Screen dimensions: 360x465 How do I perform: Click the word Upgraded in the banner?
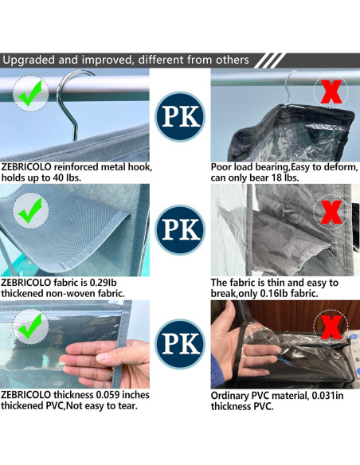pos(29,61)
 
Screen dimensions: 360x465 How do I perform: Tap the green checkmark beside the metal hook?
pos(30,92)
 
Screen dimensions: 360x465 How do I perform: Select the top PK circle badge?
pos(180,116)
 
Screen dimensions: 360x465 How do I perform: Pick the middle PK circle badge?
pos(180,229)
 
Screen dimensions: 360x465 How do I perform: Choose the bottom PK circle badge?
pos(180,344)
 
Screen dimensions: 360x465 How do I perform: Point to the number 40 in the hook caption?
pos(53,178)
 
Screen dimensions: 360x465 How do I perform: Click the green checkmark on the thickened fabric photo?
pos(30,210)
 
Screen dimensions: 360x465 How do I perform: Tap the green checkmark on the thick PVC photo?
pos(30,326)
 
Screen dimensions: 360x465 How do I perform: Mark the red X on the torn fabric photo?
pos(331,212)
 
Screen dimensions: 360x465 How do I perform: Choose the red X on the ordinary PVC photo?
pos(331,326)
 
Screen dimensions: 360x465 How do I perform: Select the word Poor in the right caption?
pos(221,167)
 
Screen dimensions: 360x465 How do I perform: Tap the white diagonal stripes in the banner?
pos(269,61)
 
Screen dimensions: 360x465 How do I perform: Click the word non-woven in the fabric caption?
pos(70,293)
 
